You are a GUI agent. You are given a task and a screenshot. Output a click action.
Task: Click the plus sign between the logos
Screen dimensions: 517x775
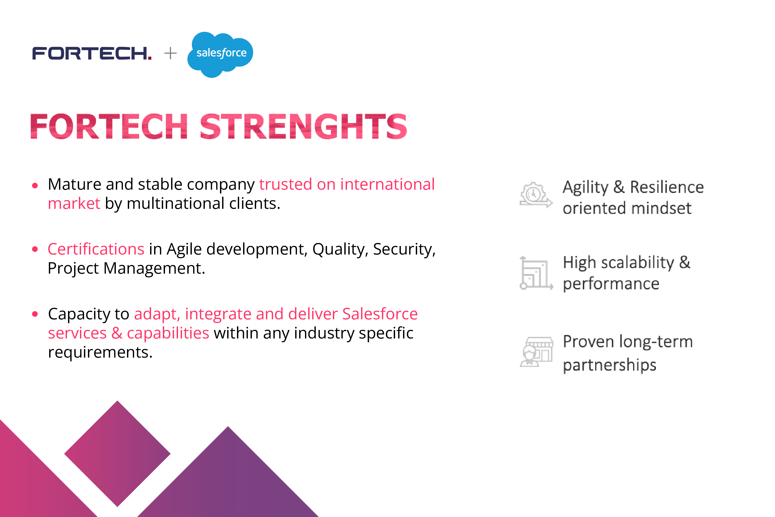click(170, 53)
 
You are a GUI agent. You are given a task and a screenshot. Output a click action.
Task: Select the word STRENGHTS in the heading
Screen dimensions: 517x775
click(303, 126)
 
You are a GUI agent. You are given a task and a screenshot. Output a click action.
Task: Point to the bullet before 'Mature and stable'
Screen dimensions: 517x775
click(35, 186)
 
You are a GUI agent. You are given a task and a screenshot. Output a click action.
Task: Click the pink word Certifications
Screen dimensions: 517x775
click(96, 249)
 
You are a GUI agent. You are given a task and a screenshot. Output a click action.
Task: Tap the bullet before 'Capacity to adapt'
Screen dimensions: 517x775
click(35, 314)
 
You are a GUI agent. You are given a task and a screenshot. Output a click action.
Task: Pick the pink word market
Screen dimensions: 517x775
click(74, 204)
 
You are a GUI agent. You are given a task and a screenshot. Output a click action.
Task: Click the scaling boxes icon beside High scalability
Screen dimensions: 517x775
click(536, 273)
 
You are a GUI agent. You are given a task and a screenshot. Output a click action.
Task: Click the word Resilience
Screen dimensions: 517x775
click(667, 187)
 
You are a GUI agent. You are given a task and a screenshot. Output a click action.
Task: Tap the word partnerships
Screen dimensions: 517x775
click(609, 365)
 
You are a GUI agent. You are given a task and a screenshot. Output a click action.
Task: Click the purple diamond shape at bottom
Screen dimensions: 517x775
click(117, 454)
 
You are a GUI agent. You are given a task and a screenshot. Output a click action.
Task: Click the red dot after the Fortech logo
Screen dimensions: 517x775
click(150, 58)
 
